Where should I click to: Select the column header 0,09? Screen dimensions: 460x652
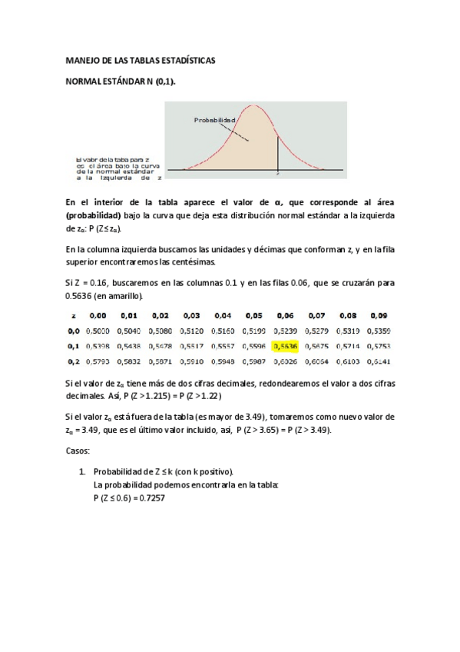379,316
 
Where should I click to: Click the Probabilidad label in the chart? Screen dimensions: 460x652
214,120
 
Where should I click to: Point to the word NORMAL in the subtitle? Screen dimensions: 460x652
86,81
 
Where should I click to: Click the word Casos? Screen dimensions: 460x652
77,451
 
